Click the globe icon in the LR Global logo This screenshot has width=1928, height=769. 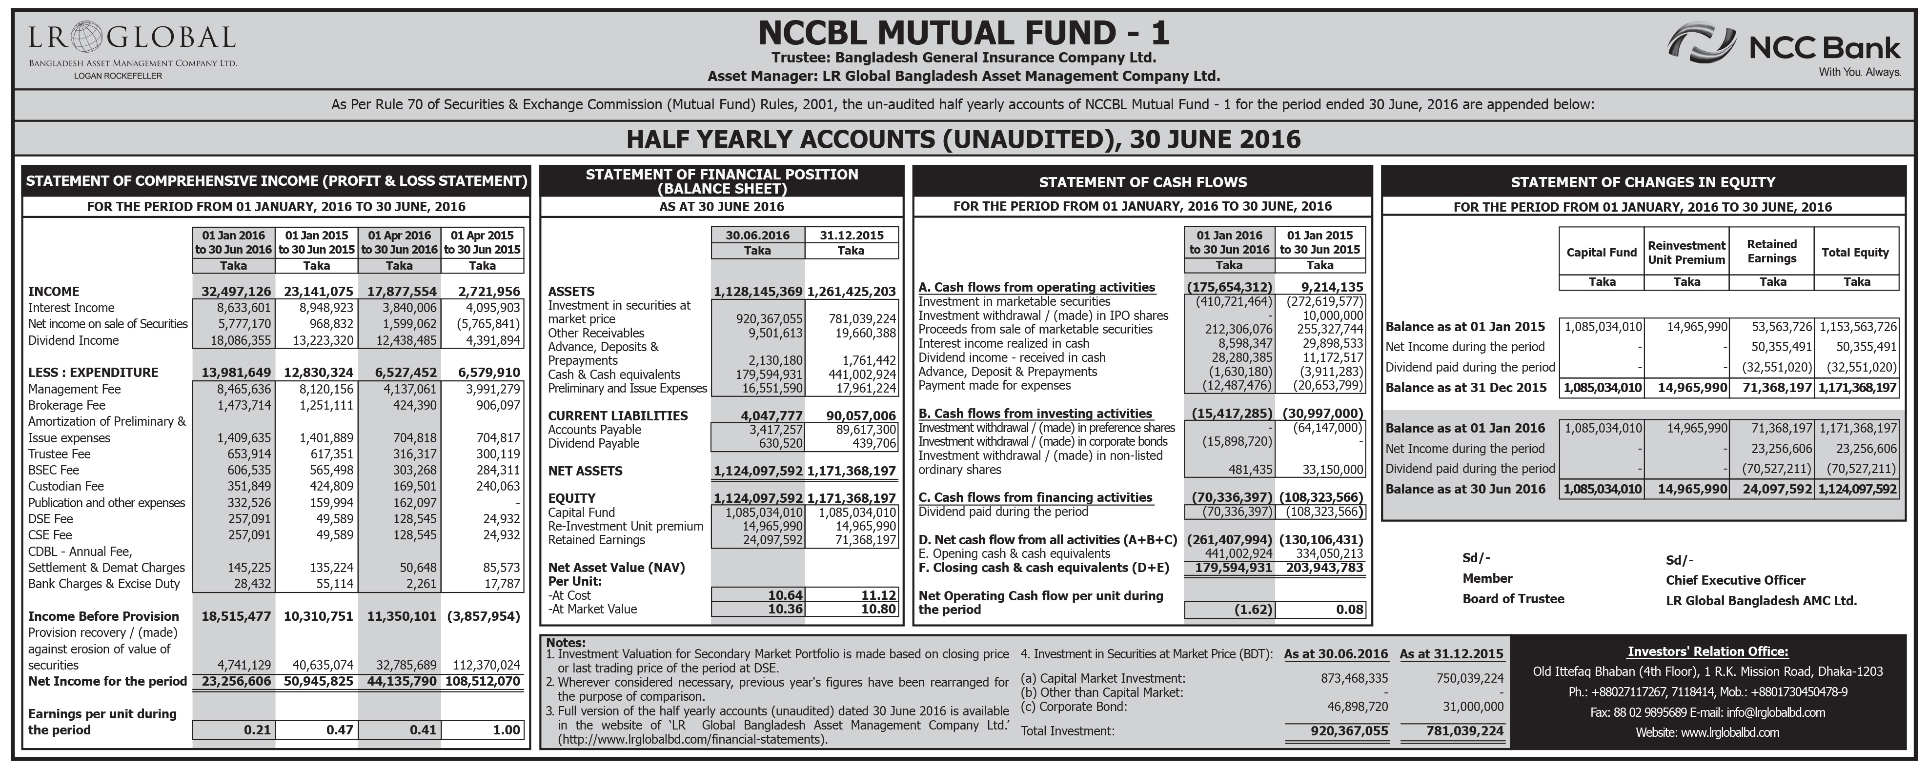coord(88,37)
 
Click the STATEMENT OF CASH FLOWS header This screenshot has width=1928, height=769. coord(1142,182)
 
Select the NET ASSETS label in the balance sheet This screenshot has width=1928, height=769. coord(585,471)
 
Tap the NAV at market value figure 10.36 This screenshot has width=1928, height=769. coord(785,609)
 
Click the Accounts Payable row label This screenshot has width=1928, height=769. coord(594,430)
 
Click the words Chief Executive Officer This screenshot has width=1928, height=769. coord(1735,580)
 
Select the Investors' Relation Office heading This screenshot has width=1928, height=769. coord(1707,651)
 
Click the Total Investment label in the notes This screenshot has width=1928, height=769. coord(1067,731)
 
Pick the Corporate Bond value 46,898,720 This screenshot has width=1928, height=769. coord(1356,706)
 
